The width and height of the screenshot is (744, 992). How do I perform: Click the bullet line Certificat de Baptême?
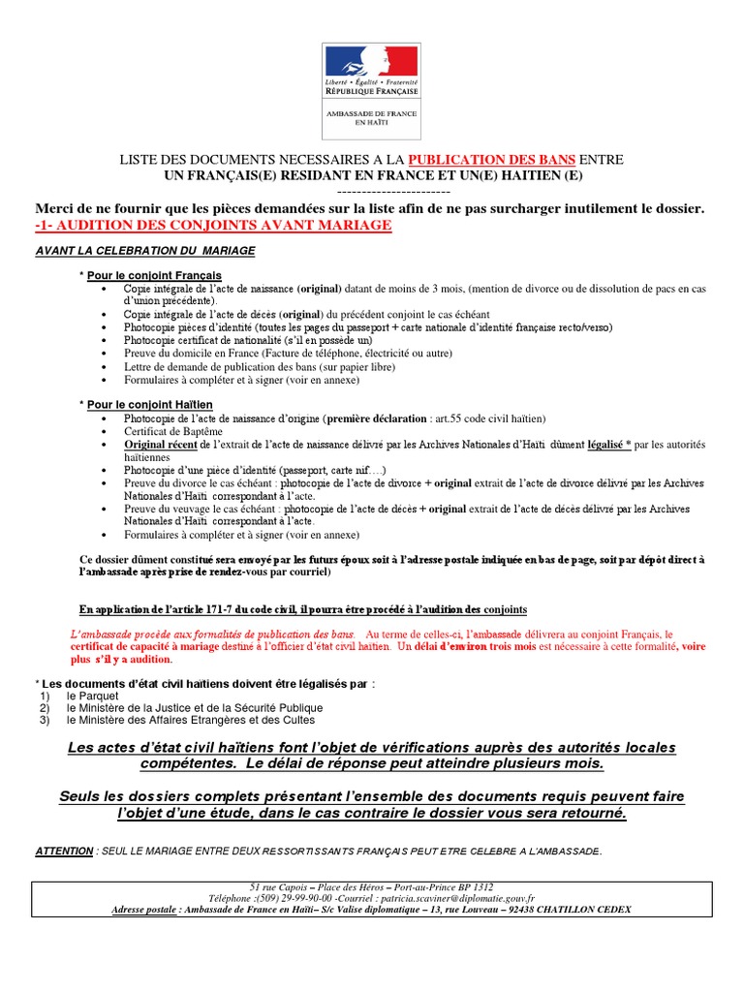click(x=172, y=431)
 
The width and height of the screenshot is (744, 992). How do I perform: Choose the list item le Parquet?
click(x=92, y=696)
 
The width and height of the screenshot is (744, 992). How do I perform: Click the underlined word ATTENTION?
click(x=64, y=851)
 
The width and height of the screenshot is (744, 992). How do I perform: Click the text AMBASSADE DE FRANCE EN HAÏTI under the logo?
click(x=371, y=117)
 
